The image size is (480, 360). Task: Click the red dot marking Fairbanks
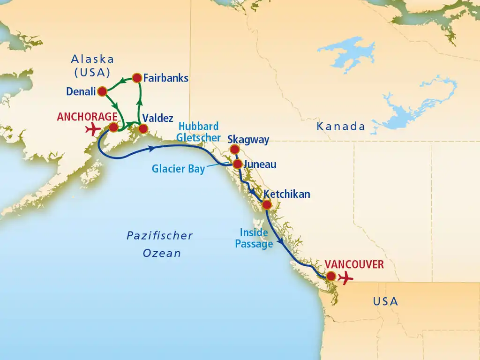click(x=137, y=77)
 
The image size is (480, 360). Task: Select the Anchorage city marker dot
click(x=113, y=127)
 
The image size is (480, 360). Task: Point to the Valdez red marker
click(x=143, y=128)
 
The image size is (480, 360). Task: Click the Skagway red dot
click(x=234, y=149)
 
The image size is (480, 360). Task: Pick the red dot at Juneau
click(x=237, y=164)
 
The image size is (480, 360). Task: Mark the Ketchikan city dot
click(x=267, y=204)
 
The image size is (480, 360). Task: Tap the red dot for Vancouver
click(x=331, y=276)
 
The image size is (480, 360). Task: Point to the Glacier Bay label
click(x=178, y=169)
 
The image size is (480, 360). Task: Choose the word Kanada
click(x=341, y=126)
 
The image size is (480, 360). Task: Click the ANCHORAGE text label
click(x=87, y=116)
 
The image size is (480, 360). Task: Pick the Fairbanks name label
click(x=166, y=78)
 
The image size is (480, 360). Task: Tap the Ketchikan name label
click(x=286, y=194)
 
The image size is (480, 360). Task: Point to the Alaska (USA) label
click(x=92, y=66)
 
